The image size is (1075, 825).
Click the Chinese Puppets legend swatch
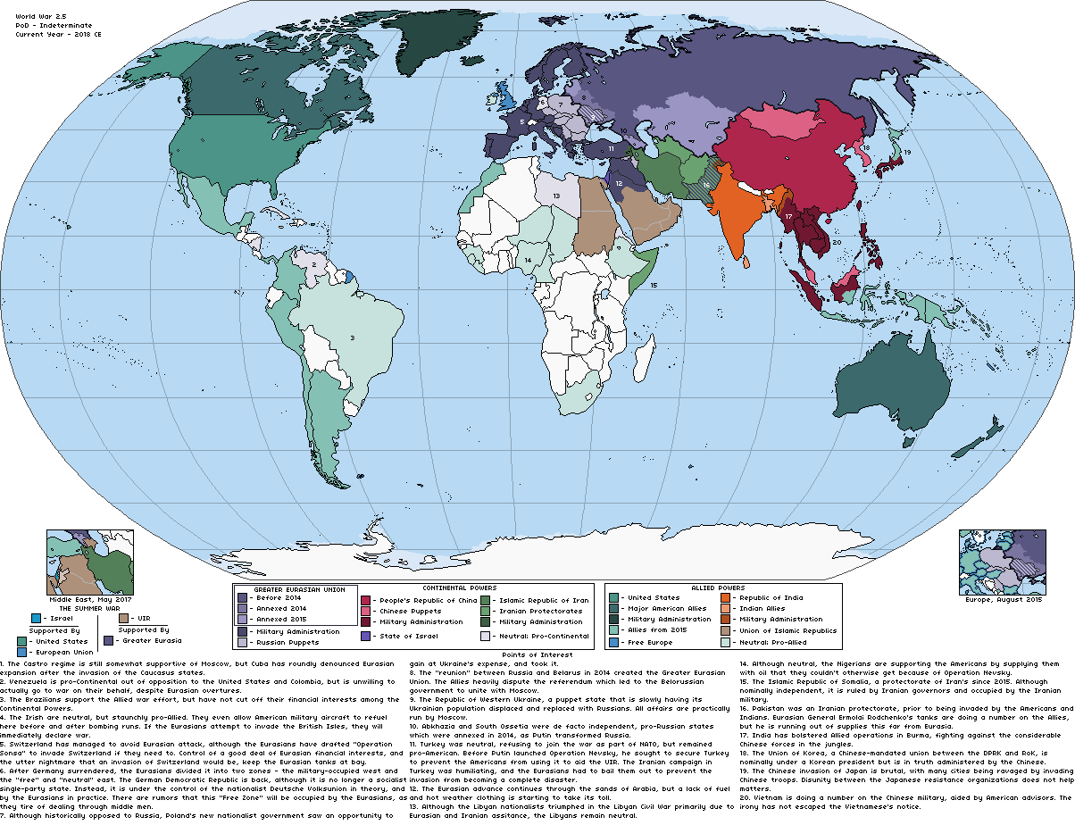pos(365,611)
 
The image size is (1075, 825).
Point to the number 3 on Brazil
pos(352,337)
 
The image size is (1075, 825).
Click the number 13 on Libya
pos(557,195)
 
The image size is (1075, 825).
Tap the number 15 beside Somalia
pos(654,285)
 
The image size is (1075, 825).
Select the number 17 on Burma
pos(788,216)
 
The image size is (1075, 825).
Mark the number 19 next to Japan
pos(906,153)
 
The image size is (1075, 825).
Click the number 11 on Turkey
pos(611,146)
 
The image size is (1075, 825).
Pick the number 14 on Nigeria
pos(529,261)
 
